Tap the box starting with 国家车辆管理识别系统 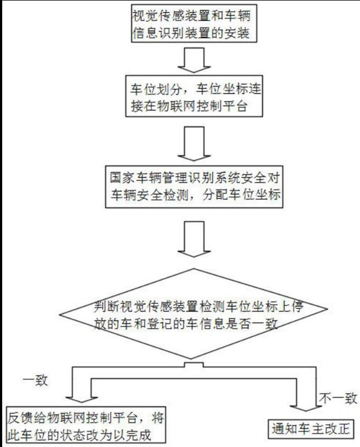tap(193, 188)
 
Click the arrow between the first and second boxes tap(192, 60)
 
